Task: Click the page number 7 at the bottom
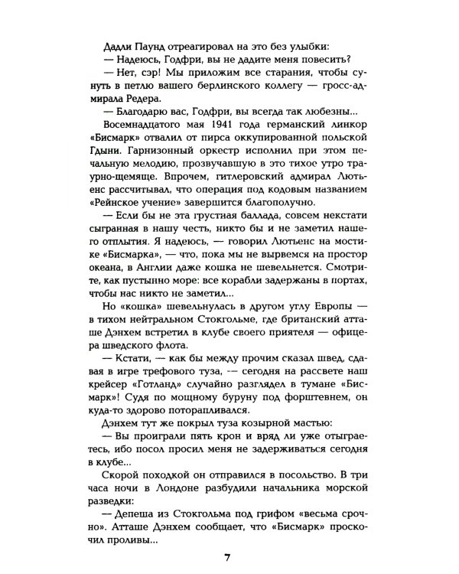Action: click(227, 556)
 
